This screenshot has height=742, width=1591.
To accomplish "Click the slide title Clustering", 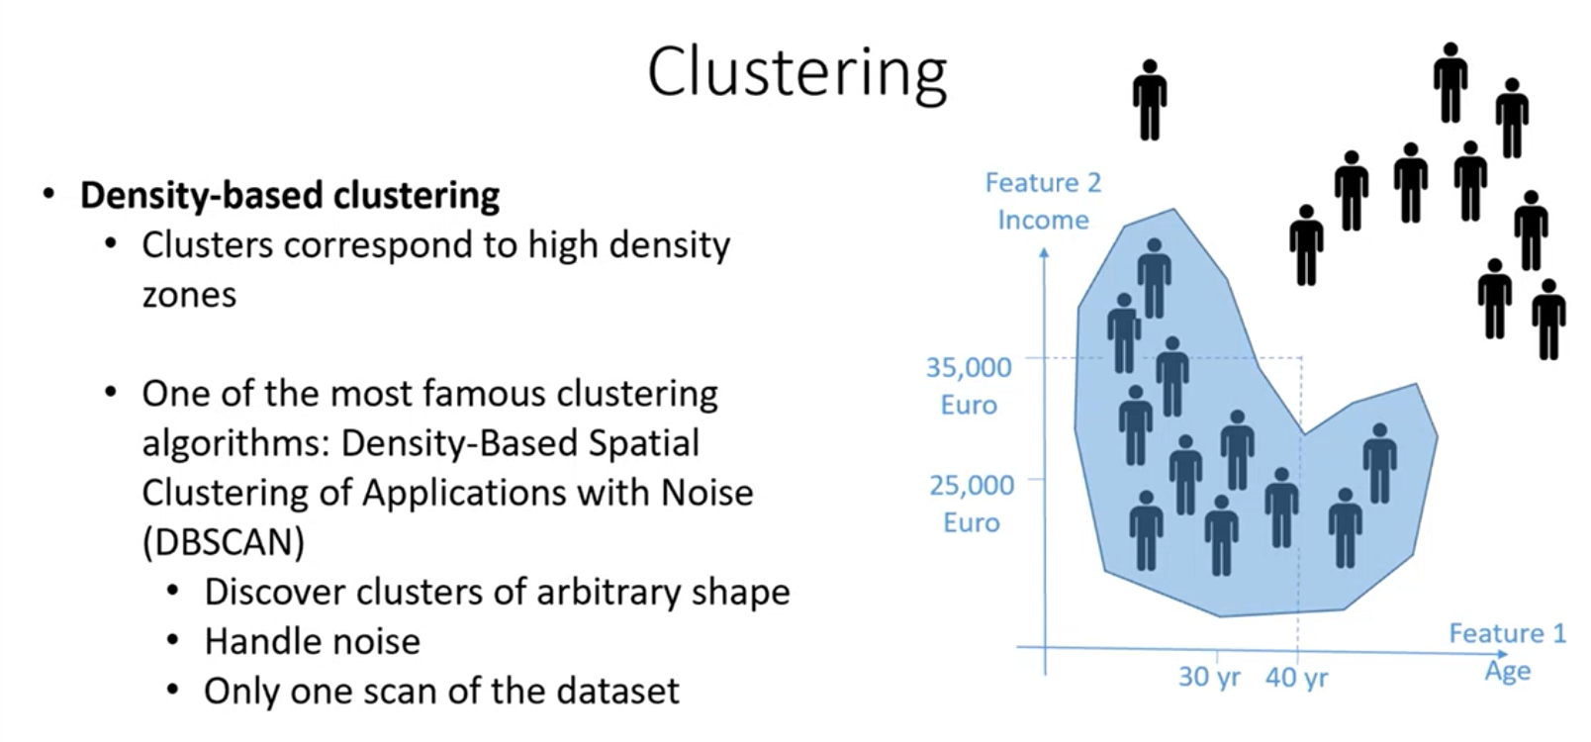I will (x=796, y=71).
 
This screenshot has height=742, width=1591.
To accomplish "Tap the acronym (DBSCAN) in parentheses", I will (x=223, y=542).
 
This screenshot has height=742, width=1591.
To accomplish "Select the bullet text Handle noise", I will (x=312, y=642).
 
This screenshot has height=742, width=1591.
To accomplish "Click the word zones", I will (x=189, y=295).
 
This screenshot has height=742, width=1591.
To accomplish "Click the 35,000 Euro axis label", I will (x=969, y=385).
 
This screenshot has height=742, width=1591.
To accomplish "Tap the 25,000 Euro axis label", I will (x=972, y=503).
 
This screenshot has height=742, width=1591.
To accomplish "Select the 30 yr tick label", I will (x=1208, y=678).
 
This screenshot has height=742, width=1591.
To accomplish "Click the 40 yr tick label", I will (x=1296, y=679).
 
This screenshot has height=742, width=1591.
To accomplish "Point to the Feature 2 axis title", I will (x=1043, y=183).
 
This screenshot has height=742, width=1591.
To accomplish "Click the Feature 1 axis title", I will (x=1507, y=633).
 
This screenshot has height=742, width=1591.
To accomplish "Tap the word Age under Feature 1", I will (x=1507, y=672).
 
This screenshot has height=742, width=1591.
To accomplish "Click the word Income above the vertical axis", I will (x=1043, y=220).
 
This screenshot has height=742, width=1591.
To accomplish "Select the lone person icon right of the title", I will (x=1150, y=99).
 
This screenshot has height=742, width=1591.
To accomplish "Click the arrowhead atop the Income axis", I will (x=1044, y=252).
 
